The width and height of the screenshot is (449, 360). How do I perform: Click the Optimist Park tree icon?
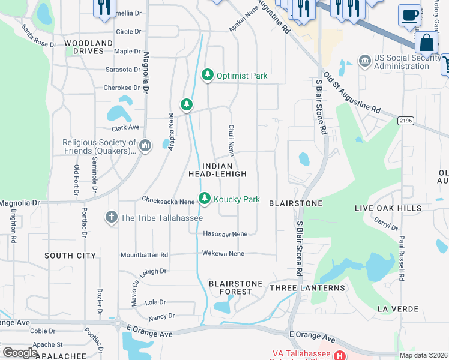point(208,75)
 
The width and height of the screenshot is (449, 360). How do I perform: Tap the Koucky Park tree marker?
point(205,199)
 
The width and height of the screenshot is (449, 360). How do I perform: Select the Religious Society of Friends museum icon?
point(145,146)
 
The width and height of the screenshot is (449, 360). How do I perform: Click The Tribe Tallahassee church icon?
point(112,217)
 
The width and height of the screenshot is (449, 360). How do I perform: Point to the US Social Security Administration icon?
point(364,61)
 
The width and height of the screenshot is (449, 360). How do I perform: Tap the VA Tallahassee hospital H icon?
point(340,356)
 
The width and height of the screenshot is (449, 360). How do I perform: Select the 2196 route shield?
point(406,121)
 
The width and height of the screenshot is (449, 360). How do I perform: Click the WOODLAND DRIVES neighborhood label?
point(88,47)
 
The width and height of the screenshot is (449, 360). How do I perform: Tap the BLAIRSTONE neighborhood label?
point(295,204)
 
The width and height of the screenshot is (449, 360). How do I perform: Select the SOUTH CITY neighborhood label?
point(70,256)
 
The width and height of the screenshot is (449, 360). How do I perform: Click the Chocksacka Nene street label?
point(168,199)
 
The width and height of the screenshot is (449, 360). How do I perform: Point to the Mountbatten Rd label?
point(144,254)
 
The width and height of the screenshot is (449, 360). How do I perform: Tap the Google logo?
point(20,353)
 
